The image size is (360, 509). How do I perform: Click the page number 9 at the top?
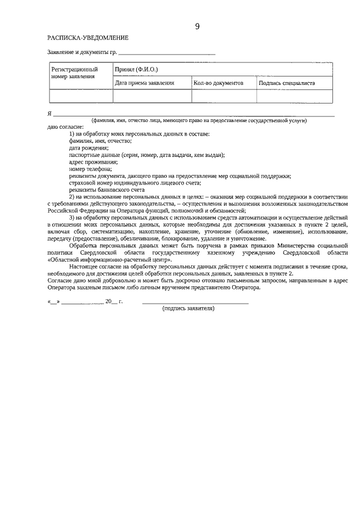(x=197, y=26)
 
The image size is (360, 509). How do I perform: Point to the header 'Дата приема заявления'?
(x=145, y=83)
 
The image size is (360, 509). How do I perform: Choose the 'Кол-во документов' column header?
(x=218, y=83)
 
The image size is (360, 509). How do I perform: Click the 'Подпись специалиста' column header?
(x=286, y=83)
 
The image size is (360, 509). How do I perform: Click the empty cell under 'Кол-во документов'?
(x=224, y=96)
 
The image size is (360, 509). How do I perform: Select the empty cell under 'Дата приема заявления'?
(x=152, y=96)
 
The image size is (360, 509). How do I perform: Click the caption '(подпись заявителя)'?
(x=188, y=308)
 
